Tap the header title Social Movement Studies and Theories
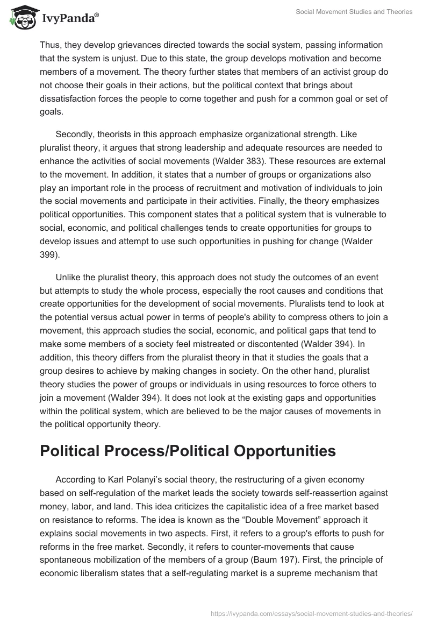(354, 12)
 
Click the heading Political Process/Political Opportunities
(188, 451)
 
